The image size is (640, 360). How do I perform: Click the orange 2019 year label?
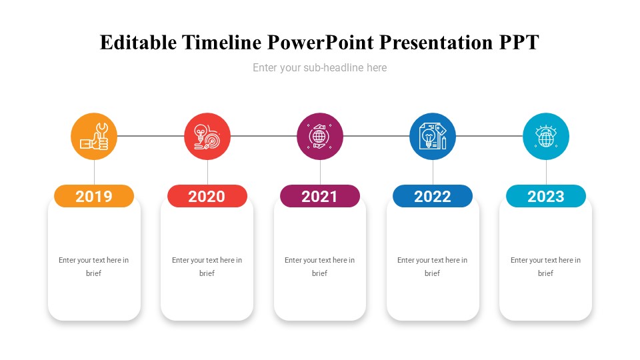click(94, 196)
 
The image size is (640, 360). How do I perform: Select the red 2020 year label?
click(207, 196)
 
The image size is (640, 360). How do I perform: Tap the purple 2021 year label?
click(319, 196)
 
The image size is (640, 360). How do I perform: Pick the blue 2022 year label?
click(433, 196)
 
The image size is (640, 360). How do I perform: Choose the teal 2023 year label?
click(546, 196)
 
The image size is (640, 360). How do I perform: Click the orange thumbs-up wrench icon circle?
click(94, 136)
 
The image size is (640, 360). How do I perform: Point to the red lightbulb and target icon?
click(207, 136)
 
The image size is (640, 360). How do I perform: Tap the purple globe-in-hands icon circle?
click(319, 136)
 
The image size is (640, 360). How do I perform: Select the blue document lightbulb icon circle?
click(433, 136)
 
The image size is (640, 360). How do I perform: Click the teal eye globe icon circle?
click(546, 136)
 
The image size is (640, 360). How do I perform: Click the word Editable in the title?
click(139, 43)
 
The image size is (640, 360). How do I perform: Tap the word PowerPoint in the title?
click(321, 43)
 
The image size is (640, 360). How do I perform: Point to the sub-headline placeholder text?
click(319, 68)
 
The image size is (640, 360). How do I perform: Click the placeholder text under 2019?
click(93, 267)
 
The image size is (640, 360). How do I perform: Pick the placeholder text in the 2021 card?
click(319, 267)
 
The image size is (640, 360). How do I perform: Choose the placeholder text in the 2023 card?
click(545, 267)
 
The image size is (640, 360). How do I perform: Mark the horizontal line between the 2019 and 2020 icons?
click(151, 136)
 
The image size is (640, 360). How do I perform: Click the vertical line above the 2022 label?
click(433, 172)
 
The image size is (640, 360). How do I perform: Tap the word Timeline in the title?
click(221, 43)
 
